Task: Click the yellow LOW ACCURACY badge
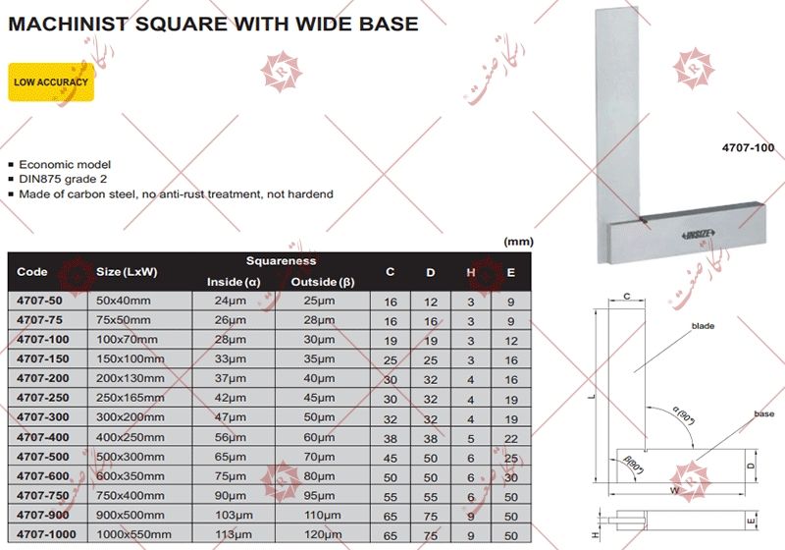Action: (50, 82)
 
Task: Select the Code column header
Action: (32, 272)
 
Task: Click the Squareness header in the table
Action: (281, 261)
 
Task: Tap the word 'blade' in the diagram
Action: (703, 325)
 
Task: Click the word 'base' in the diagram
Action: (763, 414)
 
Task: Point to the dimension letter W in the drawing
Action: (673, 491)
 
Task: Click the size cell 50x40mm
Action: (122, 300)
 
